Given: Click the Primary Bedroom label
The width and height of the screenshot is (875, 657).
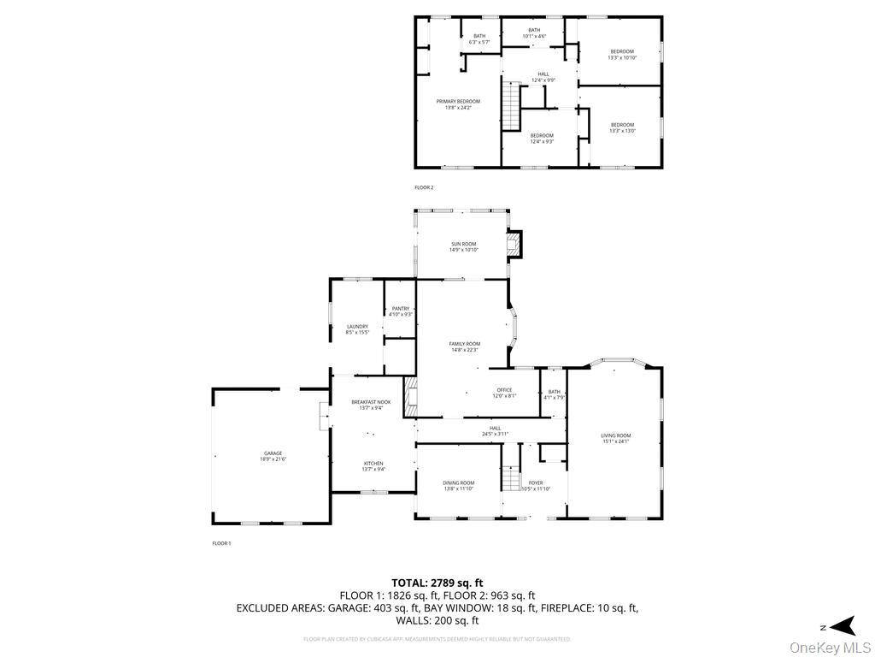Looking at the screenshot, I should (x=458, y=104).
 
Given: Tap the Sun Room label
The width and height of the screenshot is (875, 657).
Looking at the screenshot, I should (x=463, y=247).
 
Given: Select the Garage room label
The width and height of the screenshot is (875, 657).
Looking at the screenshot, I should (x=273, y=456).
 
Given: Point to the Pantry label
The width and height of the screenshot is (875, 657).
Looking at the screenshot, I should (x=400, y=311).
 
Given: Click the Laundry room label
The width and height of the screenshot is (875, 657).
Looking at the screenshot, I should (x=357, y=328).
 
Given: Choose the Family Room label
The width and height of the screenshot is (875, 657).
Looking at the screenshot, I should (x=465, y=346).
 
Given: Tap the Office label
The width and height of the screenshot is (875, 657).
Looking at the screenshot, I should (x=504, y=393).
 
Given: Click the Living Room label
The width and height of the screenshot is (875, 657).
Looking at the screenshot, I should (x=615, y=439).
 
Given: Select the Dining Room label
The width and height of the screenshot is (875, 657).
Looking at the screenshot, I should (x=459, y=486).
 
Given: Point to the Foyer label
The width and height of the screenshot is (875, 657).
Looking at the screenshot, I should (x=536, y=486).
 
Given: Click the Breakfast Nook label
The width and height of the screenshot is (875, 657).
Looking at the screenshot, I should (x=371, y=405).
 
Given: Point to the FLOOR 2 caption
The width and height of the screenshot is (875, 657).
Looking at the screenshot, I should (x=424, y=187).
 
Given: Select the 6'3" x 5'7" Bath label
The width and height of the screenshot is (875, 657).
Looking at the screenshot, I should (x=479, y=38).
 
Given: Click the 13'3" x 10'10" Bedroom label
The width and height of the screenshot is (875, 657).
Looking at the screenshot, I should (x=621, y=55).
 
